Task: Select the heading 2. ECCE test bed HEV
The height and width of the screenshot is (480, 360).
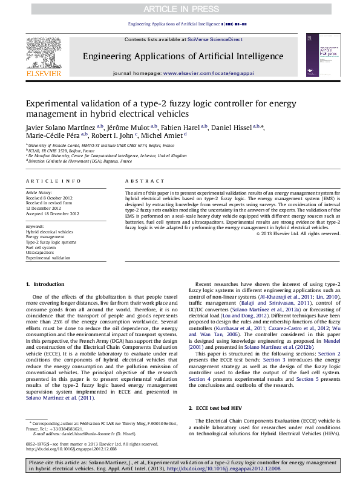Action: [220, 409]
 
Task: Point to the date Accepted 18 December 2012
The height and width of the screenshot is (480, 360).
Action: [53, 214]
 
